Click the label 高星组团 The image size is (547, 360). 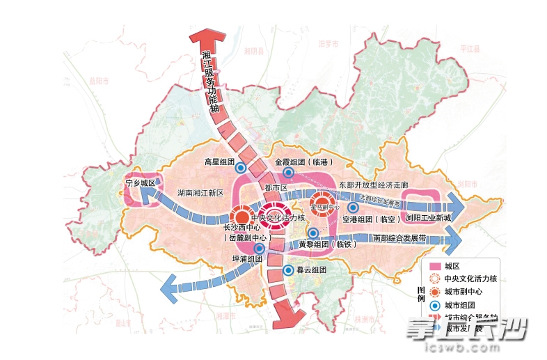[x=219, y=162]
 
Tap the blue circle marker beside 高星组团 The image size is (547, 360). [x=240, y=167]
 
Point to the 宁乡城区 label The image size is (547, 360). [x=140, y=183]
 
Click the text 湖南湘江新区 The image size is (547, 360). [x=200, y=193]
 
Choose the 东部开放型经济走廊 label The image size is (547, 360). [x=373, y=186]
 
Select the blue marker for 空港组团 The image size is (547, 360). [x=353, y=208]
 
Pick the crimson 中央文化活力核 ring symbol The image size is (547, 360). [x=272, y=216]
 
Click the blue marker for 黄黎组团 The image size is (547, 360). [x=313, y=233]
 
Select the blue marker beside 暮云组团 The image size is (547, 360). [x=288, y=270]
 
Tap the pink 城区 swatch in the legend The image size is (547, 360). [x=436, y=266]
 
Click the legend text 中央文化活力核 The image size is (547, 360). [x=471, y=279]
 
